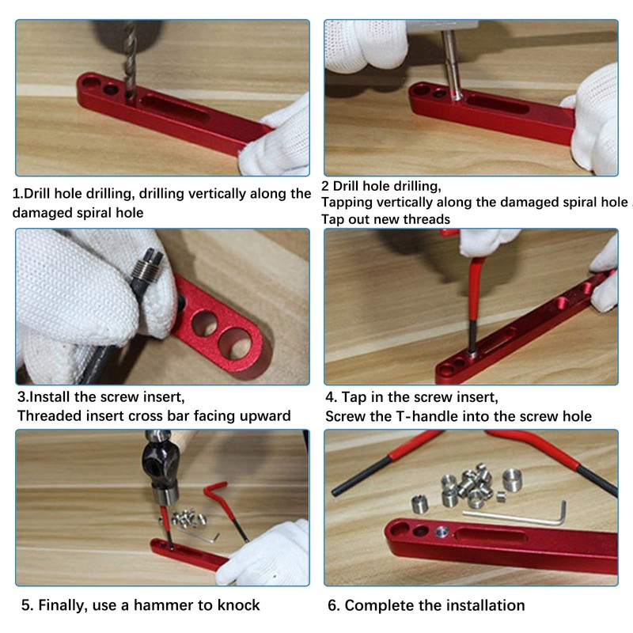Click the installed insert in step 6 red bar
click(x=443, y=532)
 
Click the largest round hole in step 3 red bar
click(x=236, y=344)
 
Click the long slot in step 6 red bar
click(x=491, y=537)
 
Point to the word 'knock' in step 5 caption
click(x=239, y=605)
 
